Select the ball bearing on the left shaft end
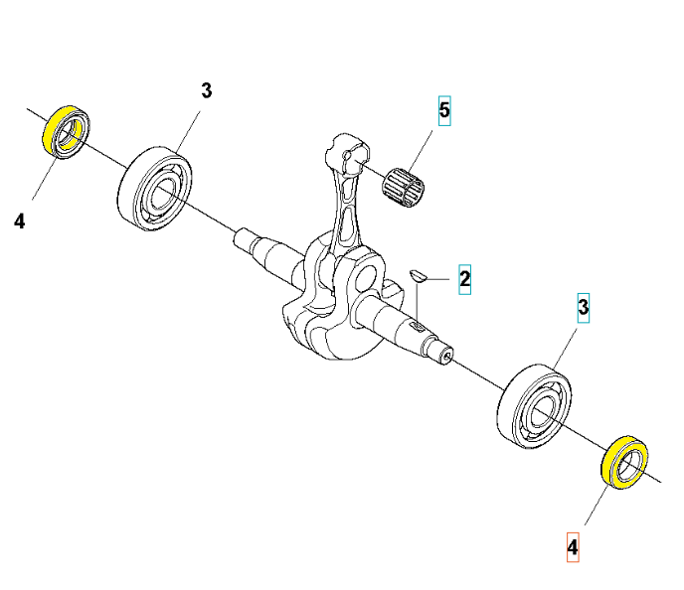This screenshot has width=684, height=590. point(156,188)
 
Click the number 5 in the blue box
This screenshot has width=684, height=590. point(444,110)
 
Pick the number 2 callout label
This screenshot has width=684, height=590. point(463,280)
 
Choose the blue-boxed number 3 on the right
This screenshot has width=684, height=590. point(585,306)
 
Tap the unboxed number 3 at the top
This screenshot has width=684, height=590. point(206,91)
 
